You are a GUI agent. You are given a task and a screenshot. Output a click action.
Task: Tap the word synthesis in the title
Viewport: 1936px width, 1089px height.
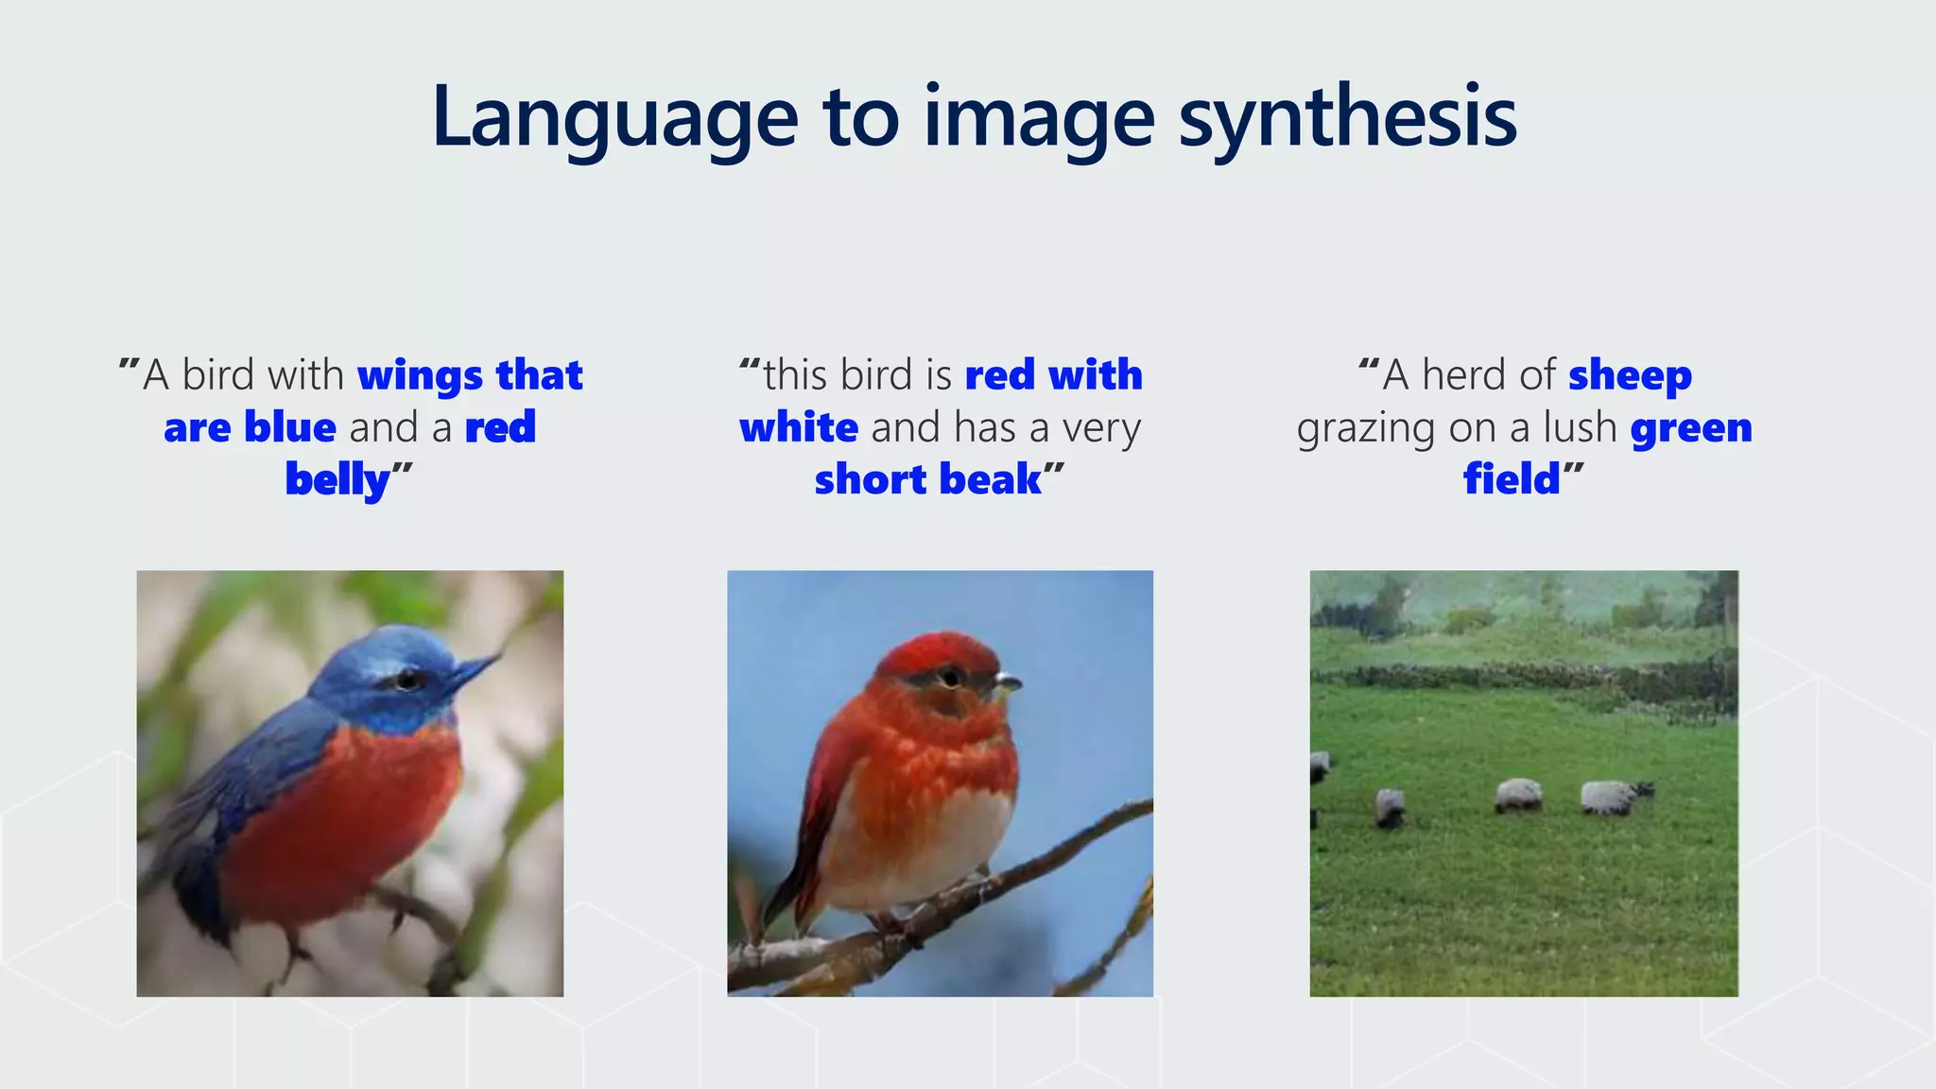click(1347, 118)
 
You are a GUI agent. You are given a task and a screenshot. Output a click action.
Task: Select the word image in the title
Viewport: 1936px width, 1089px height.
click(1040, 118)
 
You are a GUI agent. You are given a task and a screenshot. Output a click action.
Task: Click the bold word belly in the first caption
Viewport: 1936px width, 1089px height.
click(337, 480)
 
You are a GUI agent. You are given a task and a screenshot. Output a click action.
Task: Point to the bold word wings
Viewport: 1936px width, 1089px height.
click(420, 375)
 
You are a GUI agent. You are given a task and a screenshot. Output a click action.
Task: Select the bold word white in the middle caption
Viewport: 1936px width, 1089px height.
click(799, 428)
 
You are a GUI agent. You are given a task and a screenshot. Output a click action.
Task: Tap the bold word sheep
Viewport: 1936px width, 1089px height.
click(1630, 375)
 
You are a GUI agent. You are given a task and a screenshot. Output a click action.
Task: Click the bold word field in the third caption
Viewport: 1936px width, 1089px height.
click(1511, 480)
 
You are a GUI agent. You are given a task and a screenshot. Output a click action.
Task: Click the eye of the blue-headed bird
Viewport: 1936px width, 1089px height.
click(408, 679)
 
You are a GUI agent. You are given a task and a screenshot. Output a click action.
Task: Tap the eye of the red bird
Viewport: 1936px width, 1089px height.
click(950, 677)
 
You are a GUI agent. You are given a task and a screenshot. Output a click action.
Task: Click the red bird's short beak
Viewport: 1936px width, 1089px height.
click(1008, 682)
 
